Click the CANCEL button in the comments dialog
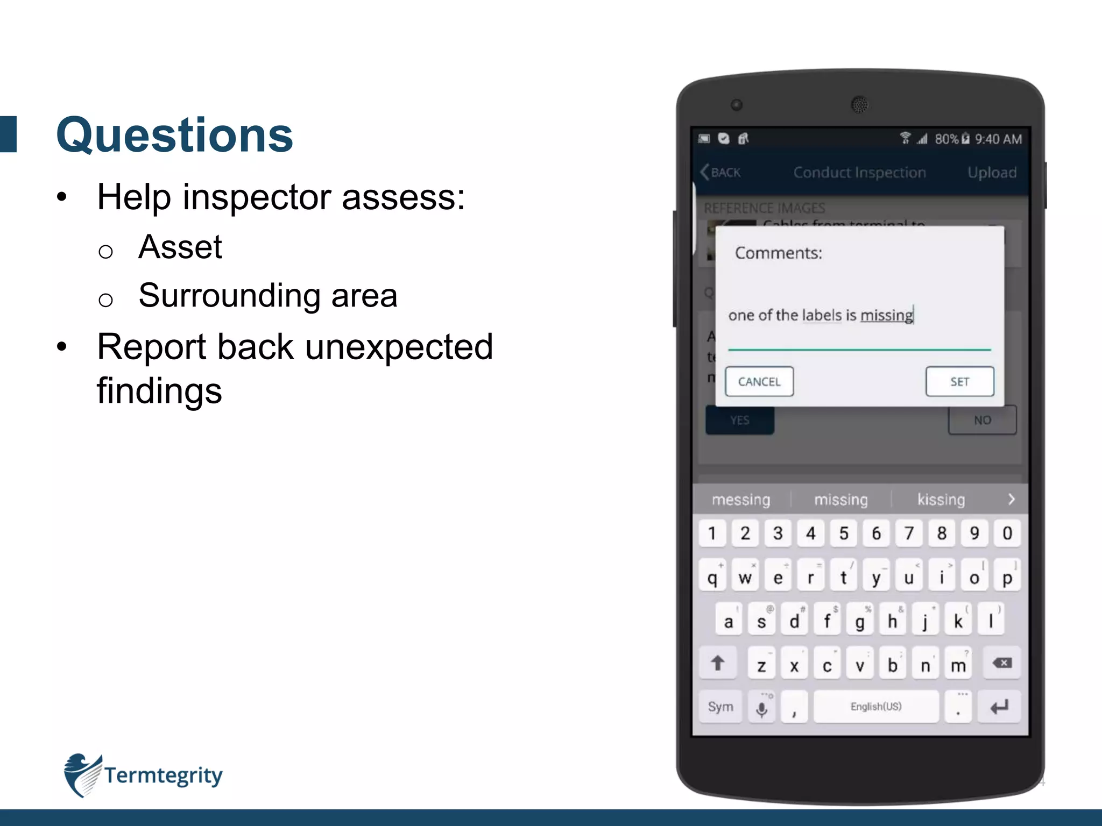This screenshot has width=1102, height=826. [759, 382]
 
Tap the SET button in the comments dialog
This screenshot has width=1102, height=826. [959, 382]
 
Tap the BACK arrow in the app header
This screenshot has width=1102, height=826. [720, 172]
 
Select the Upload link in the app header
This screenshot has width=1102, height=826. [992, 172]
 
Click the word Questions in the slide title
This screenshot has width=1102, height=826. [175, 135]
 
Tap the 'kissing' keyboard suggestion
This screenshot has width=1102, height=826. [941, 500]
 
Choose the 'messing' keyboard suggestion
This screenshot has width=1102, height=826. [741, 500]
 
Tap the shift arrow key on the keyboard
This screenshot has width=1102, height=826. [717, 664]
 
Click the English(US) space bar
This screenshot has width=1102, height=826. [875, 707]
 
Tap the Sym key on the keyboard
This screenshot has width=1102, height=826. [720, 707]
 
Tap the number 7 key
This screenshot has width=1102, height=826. [909, 533]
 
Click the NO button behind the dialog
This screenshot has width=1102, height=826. [982, 420]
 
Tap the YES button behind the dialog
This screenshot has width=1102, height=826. [740, 420]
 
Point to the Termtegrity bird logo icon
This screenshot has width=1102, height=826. [82, 774]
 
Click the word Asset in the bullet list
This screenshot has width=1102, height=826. [180, 247]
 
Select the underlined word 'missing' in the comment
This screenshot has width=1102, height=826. [886, 315]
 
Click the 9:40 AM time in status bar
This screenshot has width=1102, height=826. [998, 139]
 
